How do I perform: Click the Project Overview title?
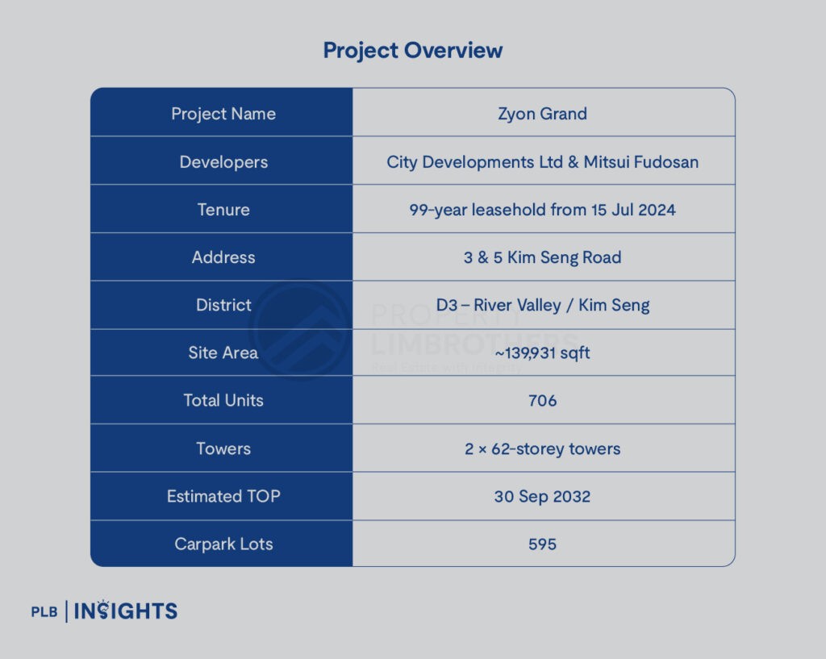coord(412,51)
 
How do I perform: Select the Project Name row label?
coord(223,115)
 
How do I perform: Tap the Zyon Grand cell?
coord(543,115)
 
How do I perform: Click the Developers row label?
coord(223,162)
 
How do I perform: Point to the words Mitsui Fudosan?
coord(641,161)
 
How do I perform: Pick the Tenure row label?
coord(223,210)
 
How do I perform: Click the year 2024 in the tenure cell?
coord(657,210)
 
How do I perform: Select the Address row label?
coord(223,257)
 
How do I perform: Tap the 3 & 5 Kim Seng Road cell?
coord(543,257)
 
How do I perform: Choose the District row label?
coord(223,305)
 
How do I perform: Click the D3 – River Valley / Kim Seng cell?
coord(543,306)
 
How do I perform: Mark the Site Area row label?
coord(223,352)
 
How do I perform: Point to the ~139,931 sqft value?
coord(543,353)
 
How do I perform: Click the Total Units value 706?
coord(543,401)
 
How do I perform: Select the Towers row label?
coord(223,448)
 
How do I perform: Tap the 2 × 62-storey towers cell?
coord(543,448)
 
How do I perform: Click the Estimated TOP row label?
coord(223,496)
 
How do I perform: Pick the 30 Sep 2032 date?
coord(543,497)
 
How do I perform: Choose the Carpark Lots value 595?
coord(543,544)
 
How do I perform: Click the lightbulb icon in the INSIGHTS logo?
coord(103,610)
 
